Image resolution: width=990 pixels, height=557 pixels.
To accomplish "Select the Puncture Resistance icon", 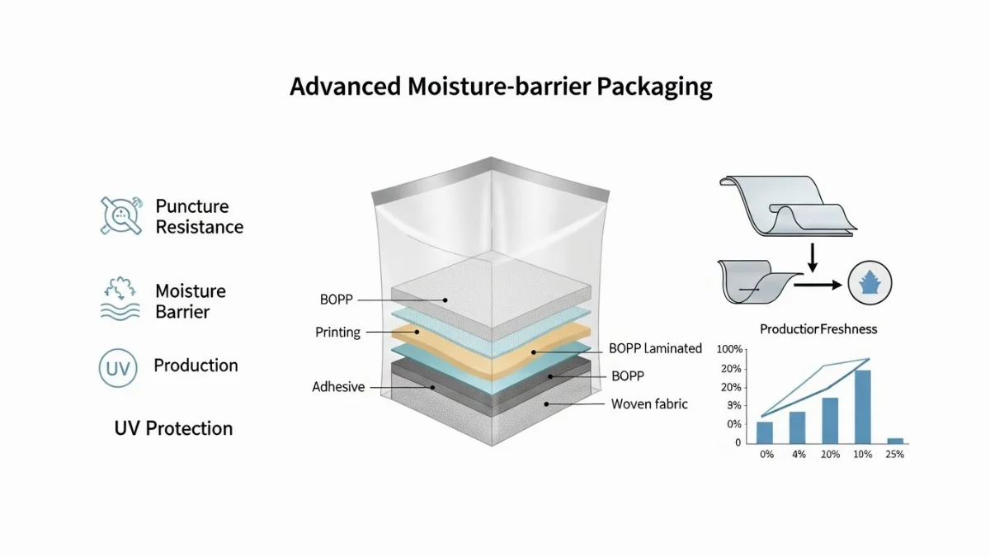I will point(121,215).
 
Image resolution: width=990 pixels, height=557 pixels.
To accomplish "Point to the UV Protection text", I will point(173,428).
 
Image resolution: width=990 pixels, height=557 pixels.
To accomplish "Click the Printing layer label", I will point(338,333).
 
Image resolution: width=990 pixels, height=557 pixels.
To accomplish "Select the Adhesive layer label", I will point(338,386).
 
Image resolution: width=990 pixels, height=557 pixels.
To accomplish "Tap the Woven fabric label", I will point(649,404).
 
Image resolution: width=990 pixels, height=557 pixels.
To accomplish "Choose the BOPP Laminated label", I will point(655,348).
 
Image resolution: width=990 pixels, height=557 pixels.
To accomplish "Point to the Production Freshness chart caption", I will point(818,329).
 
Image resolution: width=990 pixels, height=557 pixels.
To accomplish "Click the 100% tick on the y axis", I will point(731,349).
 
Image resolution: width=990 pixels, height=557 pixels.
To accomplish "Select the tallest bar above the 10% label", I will point(862,407).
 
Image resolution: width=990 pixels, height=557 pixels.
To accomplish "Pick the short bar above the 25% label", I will point(894,441).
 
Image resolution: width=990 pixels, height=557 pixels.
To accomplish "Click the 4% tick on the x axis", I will point(798,455).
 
